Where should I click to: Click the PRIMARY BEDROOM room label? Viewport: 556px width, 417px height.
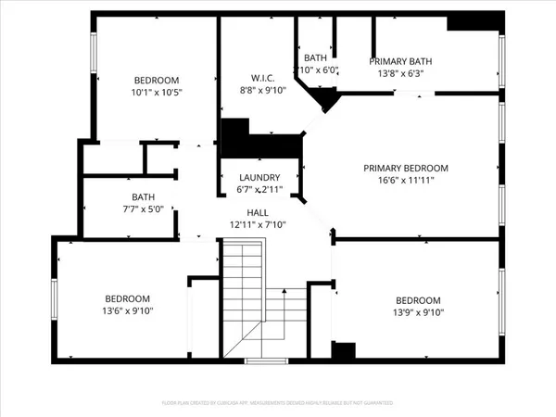pos(405,168)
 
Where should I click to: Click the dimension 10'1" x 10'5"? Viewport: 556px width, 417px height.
pos(157,93)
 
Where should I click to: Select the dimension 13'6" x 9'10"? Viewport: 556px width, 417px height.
pos(127,311)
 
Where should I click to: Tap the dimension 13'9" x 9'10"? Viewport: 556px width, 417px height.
pos(418,312)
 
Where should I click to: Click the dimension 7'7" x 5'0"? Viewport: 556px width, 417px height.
pos(143,208)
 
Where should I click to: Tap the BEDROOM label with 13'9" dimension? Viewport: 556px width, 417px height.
pos(418,300)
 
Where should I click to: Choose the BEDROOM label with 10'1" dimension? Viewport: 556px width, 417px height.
pos(157,81)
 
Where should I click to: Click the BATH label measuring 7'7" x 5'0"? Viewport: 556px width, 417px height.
pos(143,196)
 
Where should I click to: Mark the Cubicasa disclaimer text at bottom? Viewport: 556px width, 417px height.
pos(278,404)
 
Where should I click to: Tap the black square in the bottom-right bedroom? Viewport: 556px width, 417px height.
pos(343,351)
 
